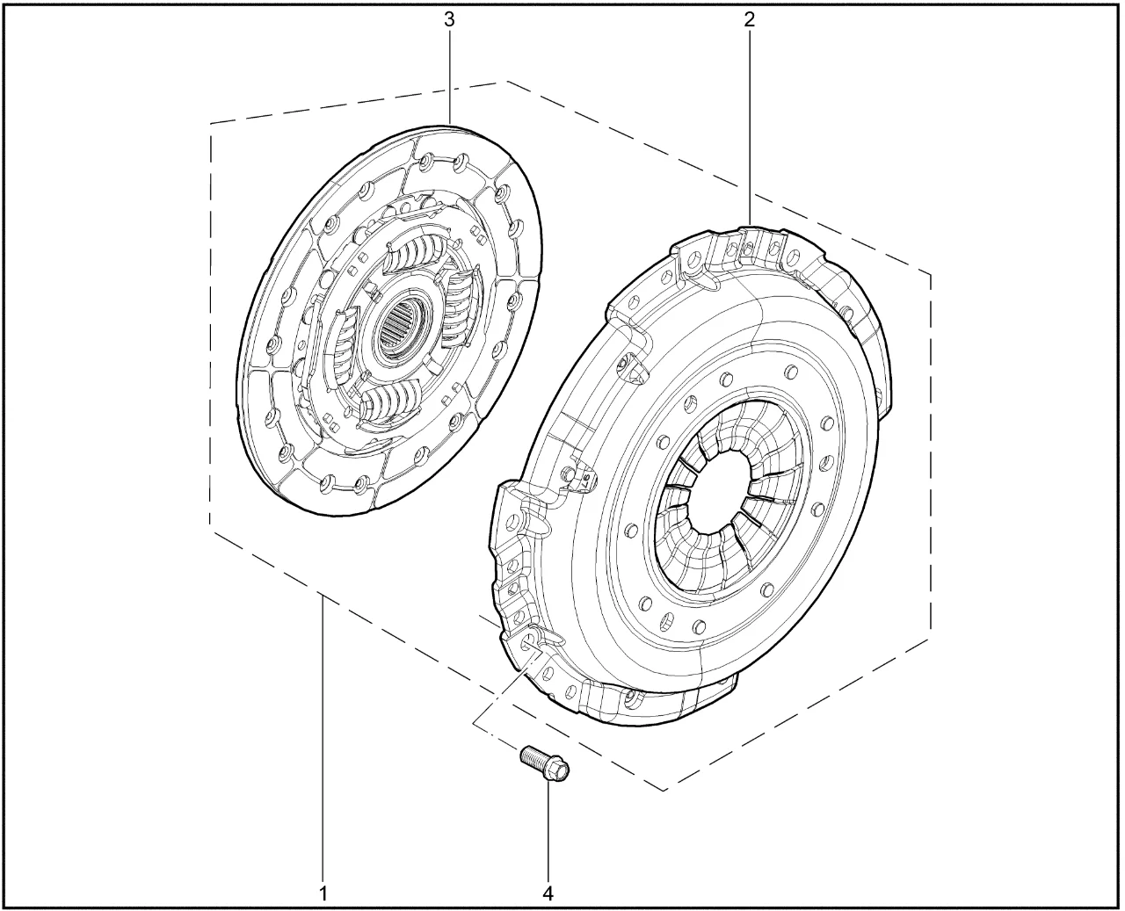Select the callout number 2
click(750, 20)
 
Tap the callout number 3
click(449, 20)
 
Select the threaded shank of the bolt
click(532, 756)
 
